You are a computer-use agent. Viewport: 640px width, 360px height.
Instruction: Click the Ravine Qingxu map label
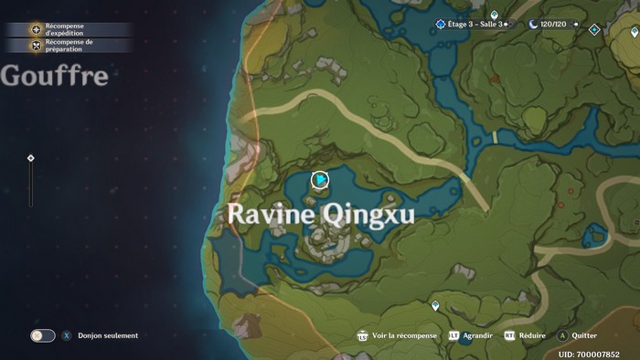click(x=320, y=214)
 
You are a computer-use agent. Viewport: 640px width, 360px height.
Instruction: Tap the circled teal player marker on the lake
click(x=320, y=180)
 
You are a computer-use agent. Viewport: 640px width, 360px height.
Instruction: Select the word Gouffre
click(x=55, y=76)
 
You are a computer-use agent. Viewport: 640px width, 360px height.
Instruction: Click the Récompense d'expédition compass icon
click(x=37, y=29)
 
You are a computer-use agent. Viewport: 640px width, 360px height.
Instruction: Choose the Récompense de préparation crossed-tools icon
click(x=37, y=45)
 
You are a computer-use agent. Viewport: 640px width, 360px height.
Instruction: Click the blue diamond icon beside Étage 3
click(x=441, y=24)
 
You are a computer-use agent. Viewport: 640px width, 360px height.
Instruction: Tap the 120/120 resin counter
click(x=554, y=24)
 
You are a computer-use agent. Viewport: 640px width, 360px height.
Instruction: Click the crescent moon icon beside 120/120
click(x=533, y=24)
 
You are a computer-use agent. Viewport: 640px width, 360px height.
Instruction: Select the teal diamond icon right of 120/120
click(x=594, y=29)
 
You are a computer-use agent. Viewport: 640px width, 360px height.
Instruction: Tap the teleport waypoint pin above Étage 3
click(x=495, y=15)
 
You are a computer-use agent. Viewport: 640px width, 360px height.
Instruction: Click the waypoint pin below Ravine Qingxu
click(x=435, y=305)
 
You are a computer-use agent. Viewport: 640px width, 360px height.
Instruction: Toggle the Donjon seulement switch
click(x=43, y=335)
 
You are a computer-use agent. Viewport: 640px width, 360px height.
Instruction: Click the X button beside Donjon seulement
click(x=66, y=335)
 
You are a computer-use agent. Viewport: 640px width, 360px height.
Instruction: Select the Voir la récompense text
click(x=405, y=335)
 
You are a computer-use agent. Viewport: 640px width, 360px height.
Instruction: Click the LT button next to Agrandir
click(x=454, y=335)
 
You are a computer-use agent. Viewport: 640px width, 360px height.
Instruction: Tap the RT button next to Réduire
click(x=509, y=335)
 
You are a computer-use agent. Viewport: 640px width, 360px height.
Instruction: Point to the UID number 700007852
click(x=589, y=354)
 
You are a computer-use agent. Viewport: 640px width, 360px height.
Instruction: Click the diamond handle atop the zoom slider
click(x=31, y=158)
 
